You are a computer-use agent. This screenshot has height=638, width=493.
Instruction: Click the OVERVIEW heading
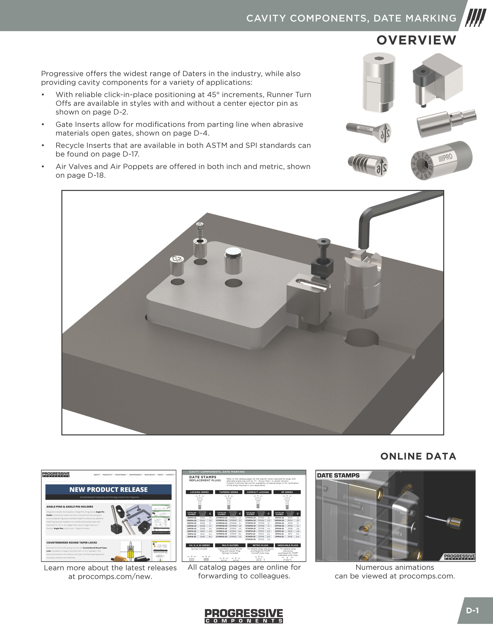[x=416, y=40]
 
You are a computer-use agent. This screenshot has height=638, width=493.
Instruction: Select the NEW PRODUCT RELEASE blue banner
[x=108, y=490]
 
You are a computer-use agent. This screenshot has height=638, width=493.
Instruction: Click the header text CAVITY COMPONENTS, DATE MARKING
[x=351, y=18]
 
